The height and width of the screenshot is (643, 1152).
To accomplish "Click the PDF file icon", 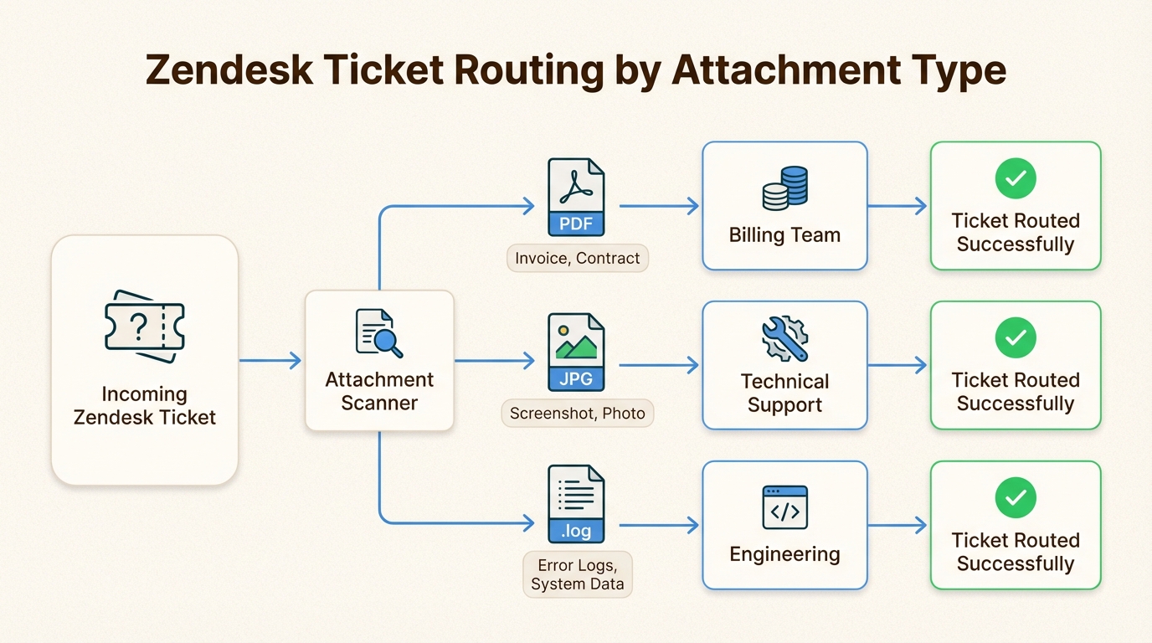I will pyautogui.click(x=576, y=198).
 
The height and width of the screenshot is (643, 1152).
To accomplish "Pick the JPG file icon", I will pyautogui.click(x=576, y=352).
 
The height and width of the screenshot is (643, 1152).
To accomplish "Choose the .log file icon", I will pyautogui.click(x=576, y=505).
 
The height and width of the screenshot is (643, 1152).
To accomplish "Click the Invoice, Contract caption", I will pyautogui.click(x=578, y=258).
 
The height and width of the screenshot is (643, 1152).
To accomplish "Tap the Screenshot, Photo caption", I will pyautogui.click(x=578, y=413).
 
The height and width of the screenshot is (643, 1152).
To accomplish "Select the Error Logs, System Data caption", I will pyautogui.click(x=578, y=574).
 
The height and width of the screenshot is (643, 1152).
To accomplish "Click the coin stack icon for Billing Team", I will pyautogui.click(x=784, y=188).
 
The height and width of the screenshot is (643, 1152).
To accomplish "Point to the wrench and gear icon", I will pyautogui.click(x=784, y=338).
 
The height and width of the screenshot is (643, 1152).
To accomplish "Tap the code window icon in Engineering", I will pyautogui.click(x=784, y=507).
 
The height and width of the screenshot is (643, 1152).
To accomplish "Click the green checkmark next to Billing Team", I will pyautogui.click(x=1016, y=177).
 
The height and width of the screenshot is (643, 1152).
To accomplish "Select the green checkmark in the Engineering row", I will pyautogui.click(x=1016, y=497).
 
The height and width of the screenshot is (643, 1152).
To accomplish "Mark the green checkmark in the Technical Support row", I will pyautogui.click(x=1016, y=337).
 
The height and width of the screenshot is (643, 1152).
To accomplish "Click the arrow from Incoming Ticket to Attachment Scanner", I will pyautogui.click(x=270, y=361).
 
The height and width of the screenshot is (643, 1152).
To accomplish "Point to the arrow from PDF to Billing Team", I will pyautogui.click(x=659, y=206).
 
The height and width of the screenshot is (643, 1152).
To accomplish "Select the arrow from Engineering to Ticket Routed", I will pyautogui.click(x=897, y=526).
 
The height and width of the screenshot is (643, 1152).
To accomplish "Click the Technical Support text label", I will pyautogui.click(x=784, y=394).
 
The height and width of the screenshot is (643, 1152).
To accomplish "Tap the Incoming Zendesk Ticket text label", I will pyautogui.click(x=145, y=406).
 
